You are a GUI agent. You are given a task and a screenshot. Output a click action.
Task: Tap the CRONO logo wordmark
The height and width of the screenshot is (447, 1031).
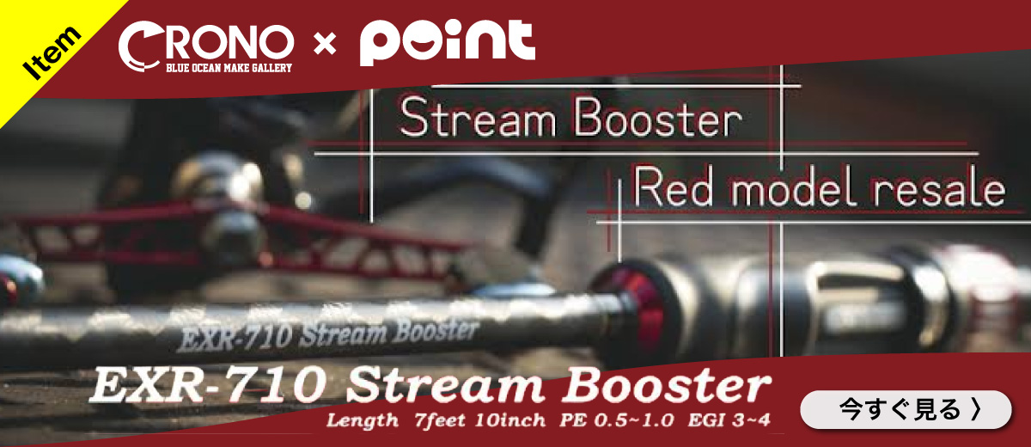click(x=205, y=43)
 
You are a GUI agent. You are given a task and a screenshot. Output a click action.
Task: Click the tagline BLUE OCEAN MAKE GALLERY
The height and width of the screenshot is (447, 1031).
click(x=229, y=68)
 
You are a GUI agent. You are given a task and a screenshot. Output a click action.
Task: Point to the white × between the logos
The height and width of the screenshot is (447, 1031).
click(x=325, y=45)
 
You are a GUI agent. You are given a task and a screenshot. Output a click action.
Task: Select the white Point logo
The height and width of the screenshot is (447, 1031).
click(x=448, y=42)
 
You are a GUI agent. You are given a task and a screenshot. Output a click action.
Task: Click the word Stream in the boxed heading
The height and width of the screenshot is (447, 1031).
click(x=478, y=118)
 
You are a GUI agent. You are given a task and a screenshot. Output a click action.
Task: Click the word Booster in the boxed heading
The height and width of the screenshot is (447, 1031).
click(x=658, y=118)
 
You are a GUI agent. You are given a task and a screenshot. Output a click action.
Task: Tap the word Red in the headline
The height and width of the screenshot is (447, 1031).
click(x=673, y=187)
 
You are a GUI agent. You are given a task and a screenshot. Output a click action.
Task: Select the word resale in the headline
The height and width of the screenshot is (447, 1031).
click(x=939, y=189)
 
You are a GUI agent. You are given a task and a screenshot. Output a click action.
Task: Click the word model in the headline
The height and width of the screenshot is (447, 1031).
click(x=794, y=187)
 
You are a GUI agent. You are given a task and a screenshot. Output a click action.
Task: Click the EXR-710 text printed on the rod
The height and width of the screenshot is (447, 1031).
click(x=234, y=339)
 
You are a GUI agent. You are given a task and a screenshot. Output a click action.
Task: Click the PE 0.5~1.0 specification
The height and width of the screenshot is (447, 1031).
click(x=617, y=420)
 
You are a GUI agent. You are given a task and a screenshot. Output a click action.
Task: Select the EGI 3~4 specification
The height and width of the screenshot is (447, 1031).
click(x=729, y=420)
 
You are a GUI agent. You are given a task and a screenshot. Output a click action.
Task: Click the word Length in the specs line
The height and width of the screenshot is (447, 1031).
click(x=363, y=420)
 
